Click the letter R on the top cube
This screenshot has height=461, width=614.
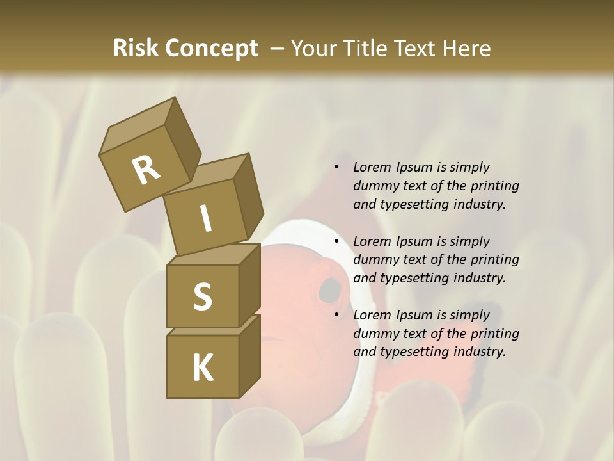click(x=145, y=170)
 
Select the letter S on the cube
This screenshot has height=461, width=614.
click(x=202, y=296)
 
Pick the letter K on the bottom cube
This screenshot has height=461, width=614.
click(x=202, y=368)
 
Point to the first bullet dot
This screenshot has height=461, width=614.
click(x=336, y=168)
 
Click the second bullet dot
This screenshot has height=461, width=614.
click(x=336, y=242)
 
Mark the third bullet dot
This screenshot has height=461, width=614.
click(x=336, y=316)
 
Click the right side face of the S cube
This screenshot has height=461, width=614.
click(x=249, y=286)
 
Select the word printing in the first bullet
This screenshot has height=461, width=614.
click(x=494, y=186)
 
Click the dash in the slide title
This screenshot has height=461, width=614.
click(x=277, y=49)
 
